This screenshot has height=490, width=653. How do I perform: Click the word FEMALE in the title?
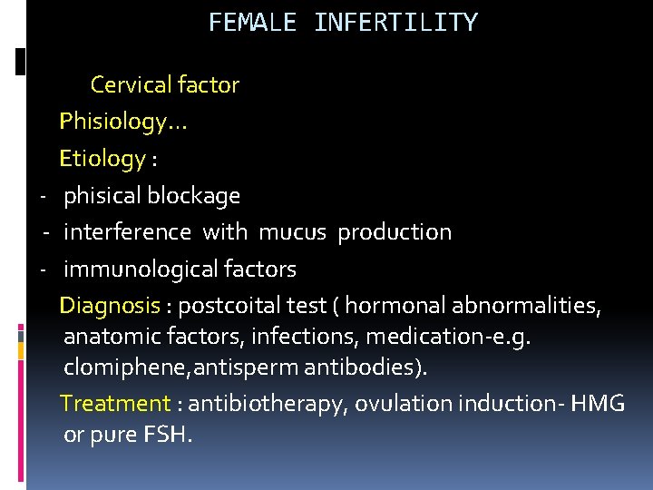[252, 23]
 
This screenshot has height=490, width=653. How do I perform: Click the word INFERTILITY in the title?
[395, 23]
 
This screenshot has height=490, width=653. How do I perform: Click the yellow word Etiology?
[102, 159]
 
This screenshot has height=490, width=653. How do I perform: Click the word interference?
[127, 232]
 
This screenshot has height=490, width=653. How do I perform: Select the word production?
[395, 232]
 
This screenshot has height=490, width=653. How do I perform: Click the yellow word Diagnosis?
[108, 306]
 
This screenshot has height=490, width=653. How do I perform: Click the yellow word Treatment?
[114, 404]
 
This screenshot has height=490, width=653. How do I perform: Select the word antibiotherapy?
[267, 404]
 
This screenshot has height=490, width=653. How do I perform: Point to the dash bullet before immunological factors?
[43, 270]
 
